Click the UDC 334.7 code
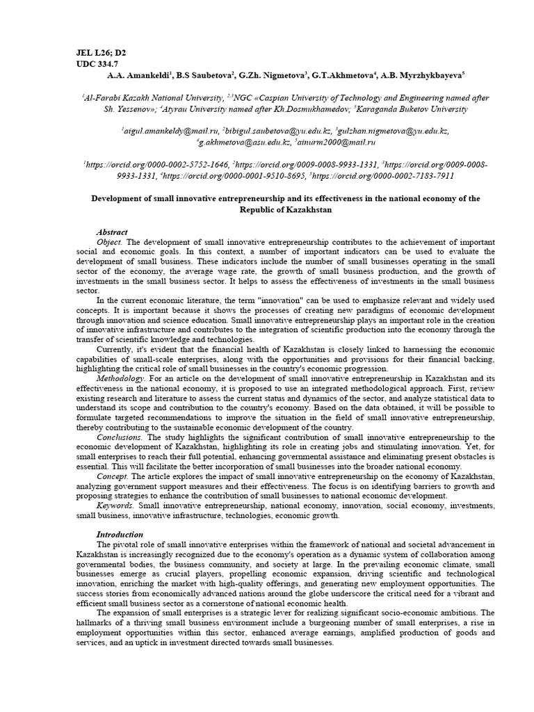(99, 63)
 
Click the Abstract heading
(112, 232)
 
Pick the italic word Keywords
(115, 505)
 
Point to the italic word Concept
(112, 476)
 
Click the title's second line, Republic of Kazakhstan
(286, 209)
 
